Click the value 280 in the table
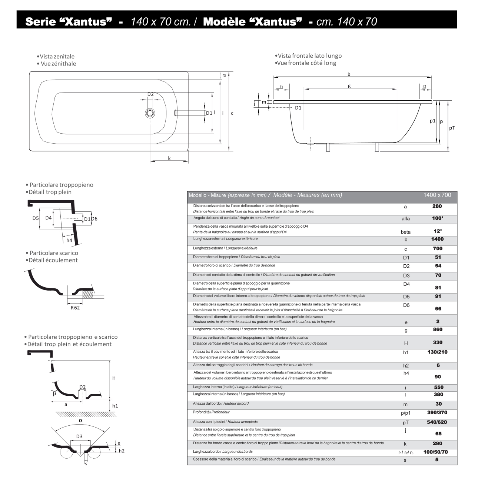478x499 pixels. coord(437,206)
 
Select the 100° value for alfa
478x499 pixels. coord(438,218)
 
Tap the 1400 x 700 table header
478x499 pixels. coord(437,195)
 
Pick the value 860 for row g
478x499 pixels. coord(437,329)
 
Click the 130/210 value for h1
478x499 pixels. coord(437,352)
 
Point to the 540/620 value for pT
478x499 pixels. coord(437,422)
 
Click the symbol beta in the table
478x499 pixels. coord(406,232)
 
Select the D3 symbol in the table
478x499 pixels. coord(406,276)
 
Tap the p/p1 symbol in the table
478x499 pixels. coord(406,413)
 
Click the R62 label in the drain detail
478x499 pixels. coord(75,308)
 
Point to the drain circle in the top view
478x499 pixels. coord(150,113)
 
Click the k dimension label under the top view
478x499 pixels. coord(169,158)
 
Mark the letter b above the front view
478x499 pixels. coord(349,74)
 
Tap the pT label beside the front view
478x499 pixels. coord(452,128)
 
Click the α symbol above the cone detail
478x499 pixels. coord(80,420)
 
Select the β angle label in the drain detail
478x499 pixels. coord(54,393)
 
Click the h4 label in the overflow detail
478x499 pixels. coord(69,241)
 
